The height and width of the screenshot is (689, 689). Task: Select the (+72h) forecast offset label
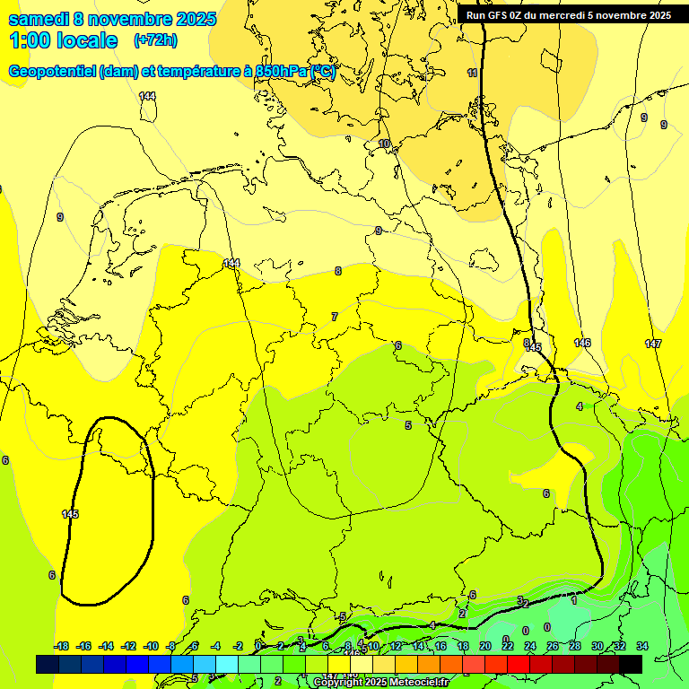click(x=154, y=40)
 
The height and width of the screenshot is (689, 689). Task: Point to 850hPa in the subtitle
click(x=281, y=72)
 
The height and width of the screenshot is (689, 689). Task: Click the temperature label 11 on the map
click(x=473, y=73)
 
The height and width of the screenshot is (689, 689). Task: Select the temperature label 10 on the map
click(x=384, y=144)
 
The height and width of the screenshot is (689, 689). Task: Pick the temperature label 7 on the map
click(x=335, y=317)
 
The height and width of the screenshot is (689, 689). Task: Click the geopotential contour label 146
click(x=582, y=343)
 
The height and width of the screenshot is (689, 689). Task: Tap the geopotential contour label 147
click(x=652, y=344)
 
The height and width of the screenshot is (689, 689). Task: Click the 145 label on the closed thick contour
click(x=71, y=514)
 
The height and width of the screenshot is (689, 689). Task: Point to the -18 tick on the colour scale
click(x=61, y=646)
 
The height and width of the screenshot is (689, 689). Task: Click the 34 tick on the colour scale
click(x=642, y=646)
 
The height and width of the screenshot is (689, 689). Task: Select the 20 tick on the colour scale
click(x=485, y=646)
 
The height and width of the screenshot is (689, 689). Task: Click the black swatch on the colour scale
click(x=631, y=664)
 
